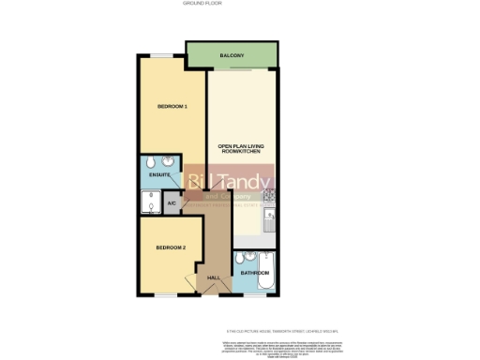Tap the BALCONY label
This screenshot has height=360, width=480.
[x=232, y=57]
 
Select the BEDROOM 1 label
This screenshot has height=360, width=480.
[x=172, y=107]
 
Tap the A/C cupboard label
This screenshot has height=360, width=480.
[x=172, y=203]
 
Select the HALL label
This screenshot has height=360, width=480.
[x=213, y=277]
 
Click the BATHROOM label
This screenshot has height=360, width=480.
[x=255, y=273]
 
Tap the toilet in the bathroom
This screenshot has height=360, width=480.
[x=241, y=258]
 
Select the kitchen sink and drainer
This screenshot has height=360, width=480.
[x=270, y=221]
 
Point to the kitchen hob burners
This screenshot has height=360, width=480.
[x=270, y=197]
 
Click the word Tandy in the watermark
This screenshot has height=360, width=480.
[x=246, y=182]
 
